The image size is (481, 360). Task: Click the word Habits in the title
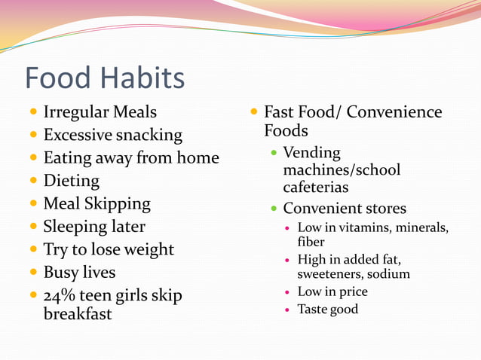tap(141, 78)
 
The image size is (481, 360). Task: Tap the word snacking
tap(149, 136)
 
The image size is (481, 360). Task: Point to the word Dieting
tap(71, 181)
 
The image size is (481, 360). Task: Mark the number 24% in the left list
tap(57, 295)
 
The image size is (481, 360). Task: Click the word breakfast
tap(77, 313)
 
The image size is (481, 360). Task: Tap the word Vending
tap(311, 153)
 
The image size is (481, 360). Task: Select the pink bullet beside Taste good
tap(288, 310)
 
